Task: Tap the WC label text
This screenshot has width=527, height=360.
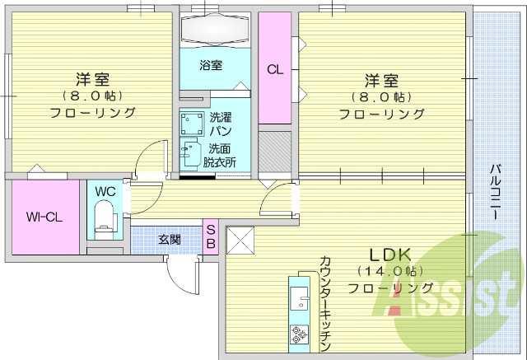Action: tap(105, 191)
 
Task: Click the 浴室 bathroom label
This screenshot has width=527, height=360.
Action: tap(210, 66)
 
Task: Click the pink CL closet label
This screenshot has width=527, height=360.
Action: tap(274, 70)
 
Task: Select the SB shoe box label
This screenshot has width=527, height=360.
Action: tap(210, 236)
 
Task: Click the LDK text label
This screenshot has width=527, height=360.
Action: tap(389, 255)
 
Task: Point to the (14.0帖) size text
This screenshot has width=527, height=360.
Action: tap(390, 271)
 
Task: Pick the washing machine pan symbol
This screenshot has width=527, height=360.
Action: tap(194, 124)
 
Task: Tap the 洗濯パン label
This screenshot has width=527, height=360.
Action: tap(220, 124)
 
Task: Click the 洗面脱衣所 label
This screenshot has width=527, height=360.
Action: tap(221, 156)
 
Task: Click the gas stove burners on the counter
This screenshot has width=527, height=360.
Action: tap(298, 334)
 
